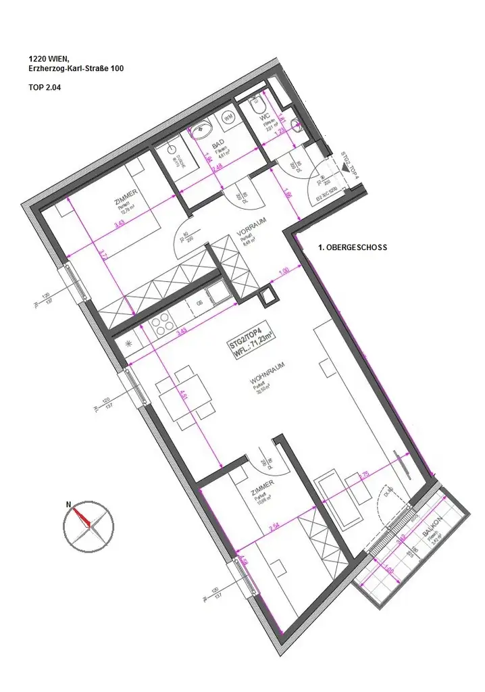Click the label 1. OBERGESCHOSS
[x=352, y=248]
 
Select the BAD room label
[x=218, y=144]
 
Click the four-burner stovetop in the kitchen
[x=164, y=326]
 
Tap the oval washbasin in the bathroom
[x=203, y=130]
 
